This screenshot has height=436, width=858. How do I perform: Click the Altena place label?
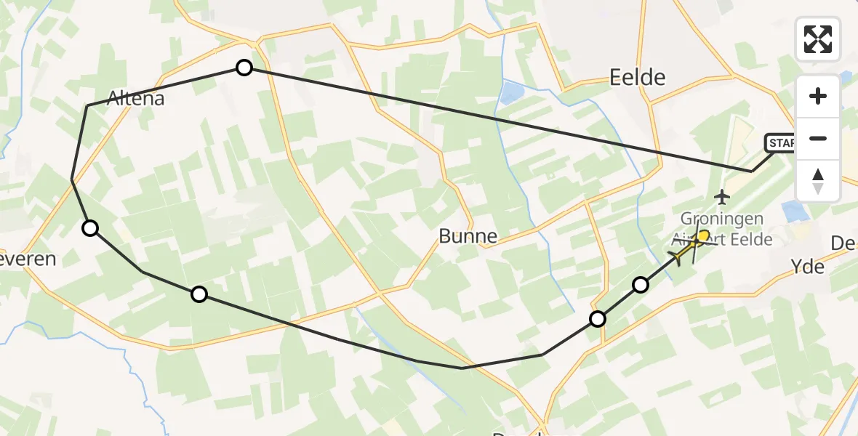(x=135, y=98)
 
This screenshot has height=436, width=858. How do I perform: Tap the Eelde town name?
(x=638, y=77)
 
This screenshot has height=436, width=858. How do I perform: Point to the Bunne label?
(x=468, y=236)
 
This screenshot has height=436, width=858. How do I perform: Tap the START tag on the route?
(x=780, y=143)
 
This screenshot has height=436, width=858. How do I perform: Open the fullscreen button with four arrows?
(x=818, y=39)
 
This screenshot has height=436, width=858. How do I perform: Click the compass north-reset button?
(x=818, y=181)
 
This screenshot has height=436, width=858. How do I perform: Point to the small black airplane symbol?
(x=722, y=196)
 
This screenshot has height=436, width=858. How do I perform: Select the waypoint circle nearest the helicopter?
(x=640, y=285)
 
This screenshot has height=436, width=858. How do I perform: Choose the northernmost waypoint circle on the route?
(x=244, y=68)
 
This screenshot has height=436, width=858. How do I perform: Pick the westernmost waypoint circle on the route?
(x=89, y=228)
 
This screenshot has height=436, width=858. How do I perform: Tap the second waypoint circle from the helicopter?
(x=598, y=318)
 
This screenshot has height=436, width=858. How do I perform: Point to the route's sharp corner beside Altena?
(x=87, y=106)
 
